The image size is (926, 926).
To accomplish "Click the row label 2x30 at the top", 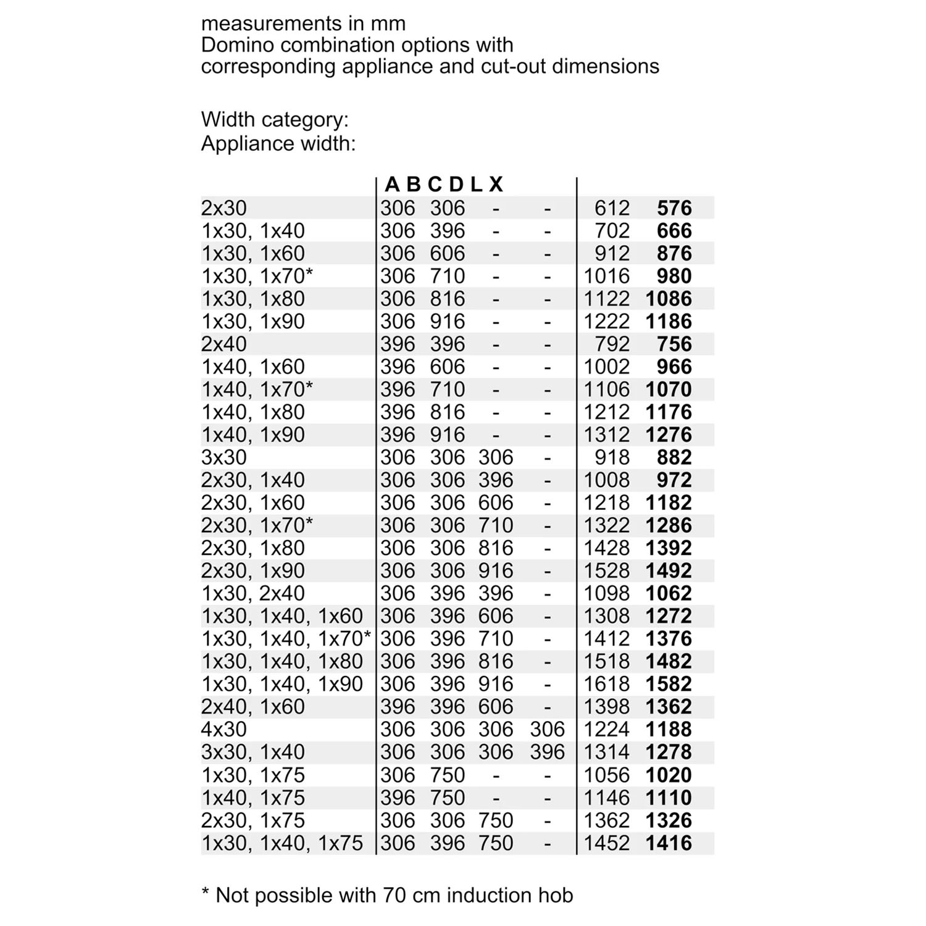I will click(x=223, y=208).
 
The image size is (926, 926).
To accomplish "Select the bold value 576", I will click(x=674, y=208).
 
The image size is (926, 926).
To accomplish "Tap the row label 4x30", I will click(x=223, y=729).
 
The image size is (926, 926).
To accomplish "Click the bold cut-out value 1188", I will click(x=669, y=729).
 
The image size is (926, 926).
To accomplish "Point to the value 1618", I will click(x=606, y=684).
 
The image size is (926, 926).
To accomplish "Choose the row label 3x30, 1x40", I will click(x=253, y=752).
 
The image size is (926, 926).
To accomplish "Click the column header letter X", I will click(x=496, y=184).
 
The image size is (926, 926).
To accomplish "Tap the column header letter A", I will click(x=392, y=184).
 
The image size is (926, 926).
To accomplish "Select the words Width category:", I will click(x=275, y=120).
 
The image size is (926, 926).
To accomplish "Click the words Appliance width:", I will click(x=278, y=143).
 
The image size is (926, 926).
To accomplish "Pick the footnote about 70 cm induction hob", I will click(x=388, y=895).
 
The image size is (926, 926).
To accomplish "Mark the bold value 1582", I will click(x=669, y=684).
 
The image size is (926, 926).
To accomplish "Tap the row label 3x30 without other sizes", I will click(x=223, y=457).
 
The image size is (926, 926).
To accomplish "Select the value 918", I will click(x=612, y=457).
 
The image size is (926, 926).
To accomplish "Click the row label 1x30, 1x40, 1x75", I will click(x=282, y=843).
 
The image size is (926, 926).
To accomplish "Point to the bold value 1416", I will click(x=669, y=843).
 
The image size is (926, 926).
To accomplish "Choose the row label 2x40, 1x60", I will click(x=253, y=706).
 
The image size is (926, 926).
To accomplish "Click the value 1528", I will click(x=606, y=570).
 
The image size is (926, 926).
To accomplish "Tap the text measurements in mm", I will click(x=303, y=23).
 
